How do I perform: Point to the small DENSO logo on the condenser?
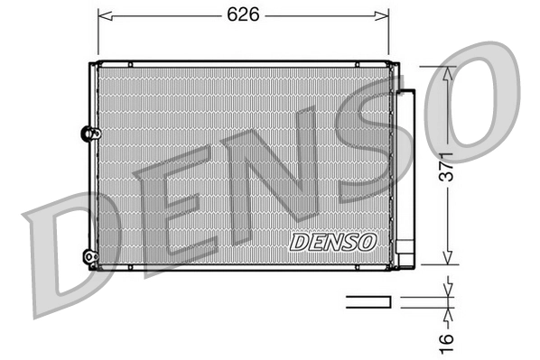pyautogui.click(x=332, y=242)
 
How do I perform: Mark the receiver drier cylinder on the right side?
pyautogui.click(x=407, y=176)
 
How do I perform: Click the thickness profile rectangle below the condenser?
pyautogui.click(x=368, y=300)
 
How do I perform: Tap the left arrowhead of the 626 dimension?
pyautogui.click(x=102, y=15)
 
